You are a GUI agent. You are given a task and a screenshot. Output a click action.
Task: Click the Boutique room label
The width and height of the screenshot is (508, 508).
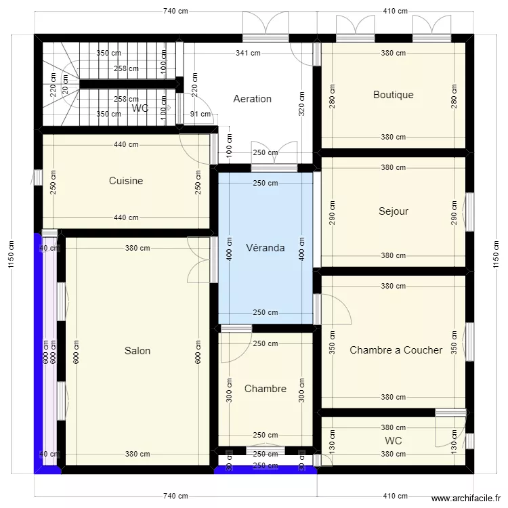tap(393, 96)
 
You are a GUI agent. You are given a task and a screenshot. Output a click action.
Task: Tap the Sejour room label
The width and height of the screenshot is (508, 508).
tap(394, 211)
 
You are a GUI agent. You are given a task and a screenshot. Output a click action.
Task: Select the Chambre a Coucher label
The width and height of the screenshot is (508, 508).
tap(396, 350)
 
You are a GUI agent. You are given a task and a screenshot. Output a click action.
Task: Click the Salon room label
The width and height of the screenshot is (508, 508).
tap(137, 351)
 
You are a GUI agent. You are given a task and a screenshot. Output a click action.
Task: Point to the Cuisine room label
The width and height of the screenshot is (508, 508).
tap(126, 181)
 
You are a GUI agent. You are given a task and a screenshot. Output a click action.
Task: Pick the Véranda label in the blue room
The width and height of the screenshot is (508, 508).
tap(265, 248)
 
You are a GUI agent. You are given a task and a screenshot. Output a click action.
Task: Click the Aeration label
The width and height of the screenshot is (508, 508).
tap(252, 99)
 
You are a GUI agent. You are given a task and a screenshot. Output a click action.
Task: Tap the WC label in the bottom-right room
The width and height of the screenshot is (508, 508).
tap(393, 441)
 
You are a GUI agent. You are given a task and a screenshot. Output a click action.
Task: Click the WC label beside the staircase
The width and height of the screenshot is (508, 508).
tap(140, 108)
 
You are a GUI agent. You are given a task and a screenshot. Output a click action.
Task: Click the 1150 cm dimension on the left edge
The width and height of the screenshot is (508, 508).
tap(9, 255)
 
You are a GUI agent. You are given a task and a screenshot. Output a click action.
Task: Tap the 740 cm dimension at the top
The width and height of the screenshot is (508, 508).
tap(175, 12)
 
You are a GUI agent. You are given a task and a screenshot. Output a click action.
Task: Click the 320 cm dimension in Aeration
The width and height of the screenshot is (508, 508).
tap(301, 104)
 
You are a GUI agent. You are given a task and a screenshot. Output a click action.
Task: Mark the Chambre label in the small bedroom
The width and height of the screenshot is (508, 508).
tap(265, 389)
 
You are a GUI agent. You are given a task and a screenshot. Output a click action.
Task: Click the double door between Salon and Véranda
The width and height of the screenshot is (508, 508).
tap(201, 260)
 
